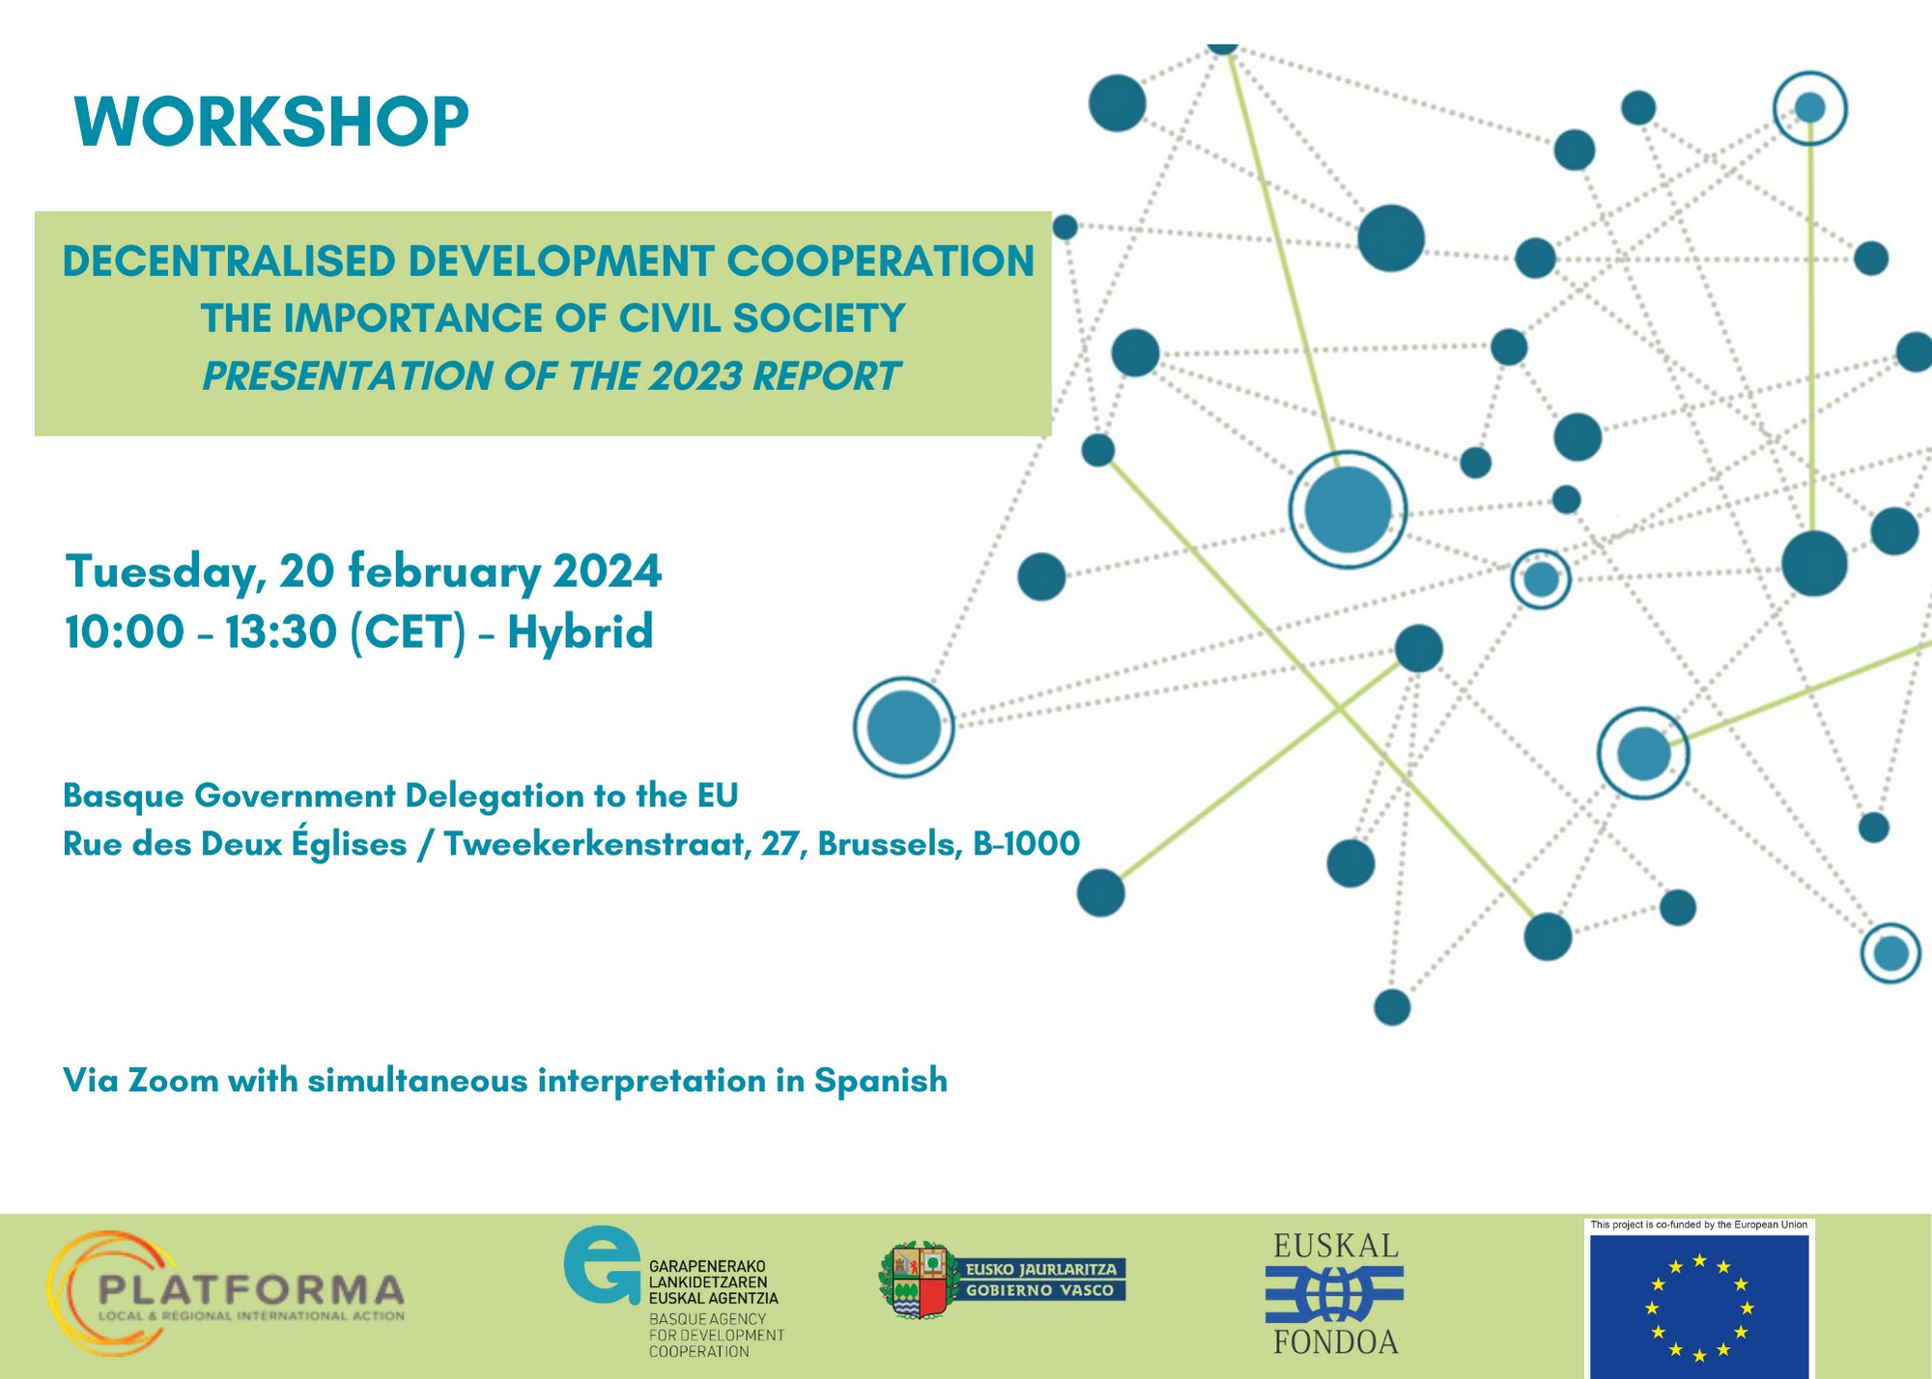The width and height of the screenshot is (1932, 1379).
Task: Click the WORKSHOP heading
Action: coord(271,123)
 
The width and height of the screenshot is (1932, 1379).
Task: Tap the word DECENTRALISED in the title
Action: coord(229,262)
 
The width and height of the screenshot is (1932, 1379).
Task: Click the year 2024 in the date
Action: coord(607,572)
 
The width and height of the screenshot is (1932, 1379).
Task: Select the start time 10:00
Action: coord(124,633)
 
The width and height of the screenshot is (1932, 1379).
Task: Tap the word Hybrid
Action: coord(581,633)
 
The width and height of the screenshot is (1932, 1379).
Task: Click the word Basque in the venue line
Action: coord(123,796)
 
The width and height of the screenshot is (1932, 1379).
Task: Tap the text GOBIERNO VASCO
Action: coord(1039,1291)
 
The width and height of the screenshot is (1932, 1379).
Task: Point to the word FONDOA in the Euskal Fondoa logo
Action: coord(1335,1342)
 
